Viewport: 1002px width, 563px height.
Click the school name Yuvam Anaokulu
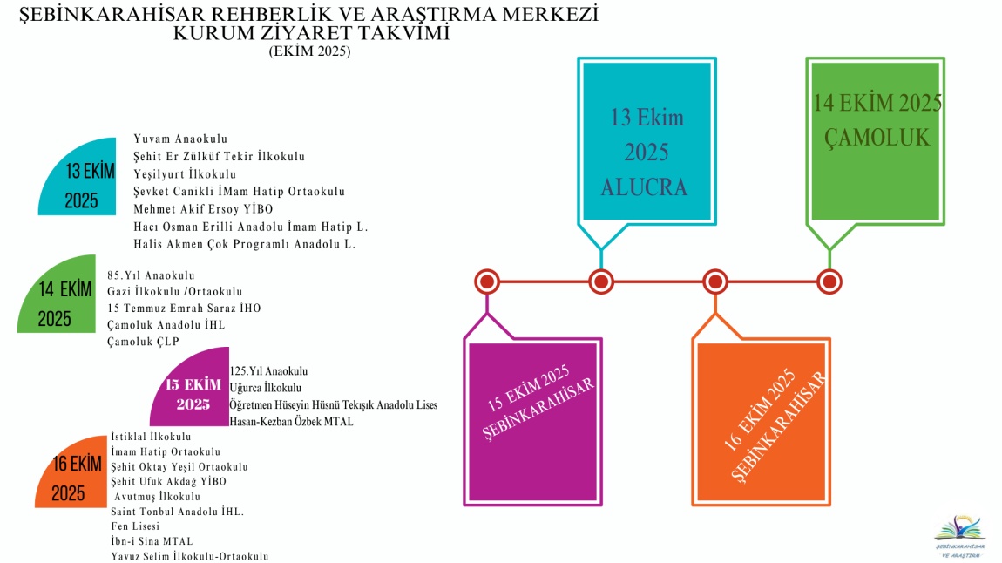point(180,139)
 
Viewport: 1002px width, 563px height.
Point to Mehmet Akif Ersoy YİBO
point(204,209)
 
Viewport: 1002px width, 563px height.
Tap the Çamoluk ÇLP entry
point(143,342)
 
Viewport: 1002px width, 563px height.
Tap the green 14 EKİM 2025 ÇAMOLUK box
point(877,137)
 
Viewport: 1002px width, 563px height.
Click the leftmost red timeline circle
point(486,281)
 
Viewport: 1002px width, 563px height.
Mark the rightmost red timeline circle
point(830,281)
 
